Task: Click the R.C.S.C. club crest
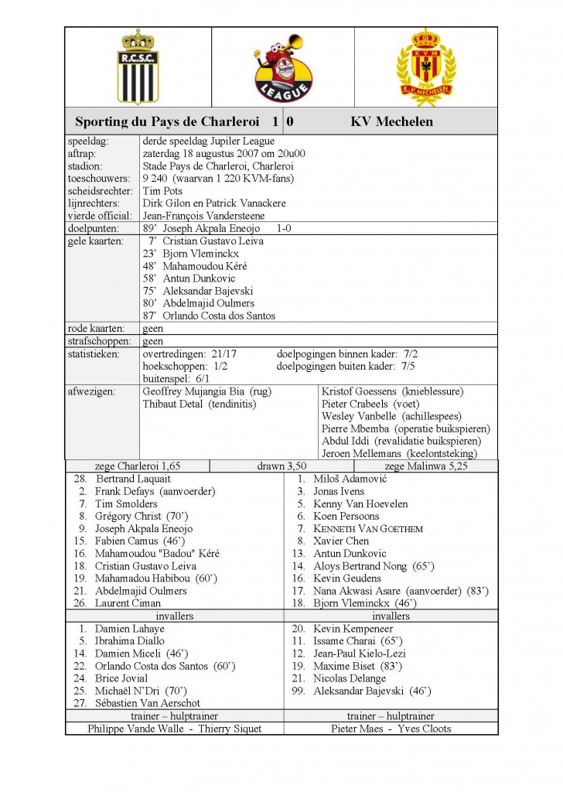point(137,67)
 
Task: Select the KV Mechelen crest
point(425,68)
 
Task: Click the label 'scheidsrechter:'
point(100,191)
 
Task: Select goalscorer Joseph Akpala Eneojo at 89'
point(210,229)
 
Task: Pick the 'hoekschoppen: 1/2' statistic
point(185,367)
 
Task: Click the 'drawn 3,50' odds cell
point(281,466)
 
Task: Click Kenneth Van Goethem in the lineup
point(367,529)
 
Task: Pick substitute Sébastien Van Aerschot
point(147,703)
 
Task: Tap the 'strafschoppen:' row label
point(100,341)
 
